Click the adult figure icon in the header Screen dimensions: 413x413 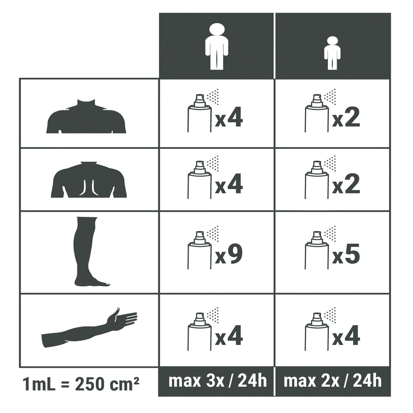tap(216, 46)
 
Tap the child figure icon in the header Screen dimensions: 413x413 tap(332, 53)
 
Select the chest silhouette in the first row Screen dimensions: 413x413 tap(86, 116)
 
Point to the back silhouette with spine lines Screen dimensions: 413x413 tap(89, 180)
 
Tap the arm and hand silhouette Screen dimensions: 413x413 tap(89, 328)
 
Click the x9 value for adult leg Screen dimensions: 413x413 tap(229, 254)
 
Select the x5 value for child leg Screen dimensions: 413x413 tap(346, 254)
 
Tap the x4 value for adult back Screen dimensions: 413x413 tap(229, 184)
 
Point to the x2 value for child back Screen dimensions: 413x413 tap(346, 184)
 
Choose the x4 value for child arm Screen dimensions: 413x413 tap(346, 336)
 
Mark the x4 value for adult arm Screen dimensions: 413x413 tap(229, 336)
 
